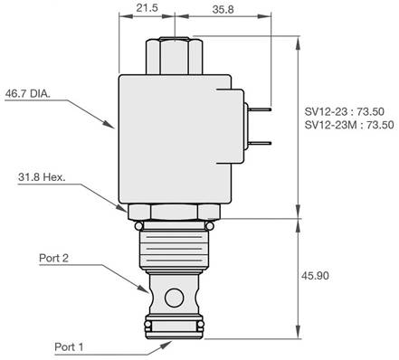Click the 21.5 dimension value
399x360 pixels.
tap(147, 8)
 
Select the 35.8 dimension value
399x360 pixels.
tap(223, 9)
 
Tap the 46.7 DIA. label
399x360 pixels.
tap(27, 93)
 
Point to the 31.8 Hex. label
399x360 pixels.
tap(42, 177)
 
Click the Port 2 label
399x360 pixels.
tap(53, 258)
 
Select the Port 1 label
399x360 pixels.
tap(69, 346)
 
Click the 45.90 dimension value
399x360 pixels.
tap(315, 276)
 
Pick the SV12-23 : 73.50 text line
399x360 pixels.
tap(344, 111)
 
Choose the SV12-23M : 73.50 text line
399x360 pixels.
tap(349, 125)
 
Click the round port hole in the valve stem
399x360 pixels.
tap(174, 298)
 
